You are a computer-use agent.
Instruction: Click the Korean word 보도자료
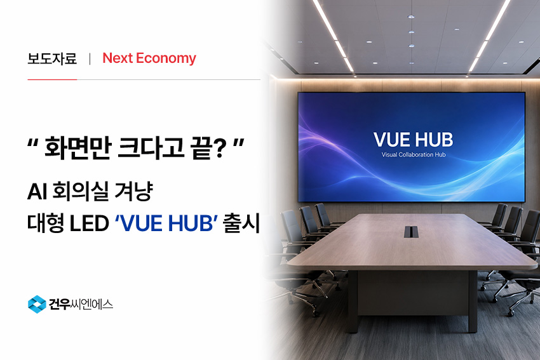[x=52, y=58]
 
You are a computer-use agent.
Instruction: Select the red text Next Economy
[x=149, y=58]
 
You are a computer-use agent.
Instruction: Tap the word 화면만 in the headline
[x=78, y=148]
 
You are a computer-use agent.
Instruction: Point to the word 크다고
[x=151, y=148]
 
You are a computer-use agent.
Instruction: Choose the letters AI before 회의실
[x=37, y=191]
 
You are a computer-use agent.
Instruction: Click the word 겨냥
[x=133, y=191]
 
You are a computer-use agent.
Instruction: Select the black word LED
[x=89, y=223]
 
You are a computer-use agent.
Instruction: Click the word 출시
[x=241, y=223]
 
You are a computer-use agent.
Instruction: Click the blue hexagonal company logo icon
[x=37, y=304]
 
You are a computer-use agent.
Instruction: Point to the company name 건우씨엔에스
[x=81, y=305]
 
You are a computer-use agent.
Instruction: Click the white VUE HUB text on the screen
[x=414, y=140]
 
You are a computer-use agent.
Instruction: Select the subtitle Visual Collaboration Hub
[x=414, y=155]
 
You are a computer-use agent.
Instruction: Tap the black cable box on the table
[x=411, y=232]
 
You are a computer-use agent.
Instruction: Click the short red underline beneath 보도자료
[x=52, y=79]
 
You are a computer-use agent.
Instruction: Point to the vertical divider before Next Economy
[x=90, y=59]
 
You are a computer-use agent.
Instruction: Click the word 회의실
[x=80, y=191]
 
